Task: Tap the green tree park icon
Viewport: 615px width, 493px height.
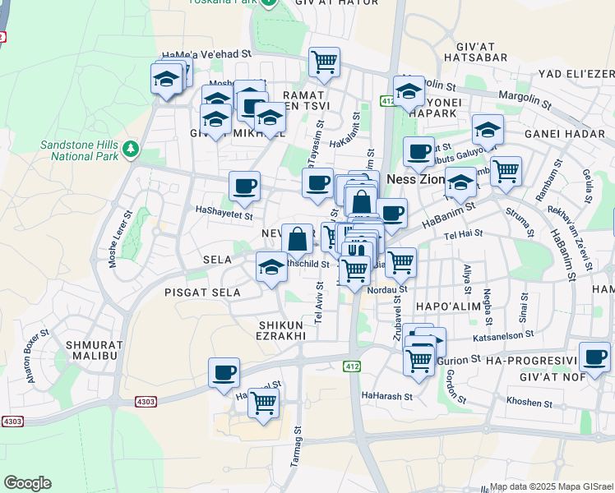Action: pos(131,149)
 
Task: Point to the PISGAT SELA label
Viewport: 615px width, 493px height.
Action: pos(202,293)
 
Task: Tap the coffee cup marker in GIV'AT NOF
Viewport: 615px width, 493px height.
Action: pos(594,357)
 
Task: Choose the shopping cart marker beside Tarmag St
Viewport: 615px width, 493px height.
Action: pos(263,403)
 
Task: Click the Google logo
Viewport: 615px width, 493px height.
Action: pos(27,483)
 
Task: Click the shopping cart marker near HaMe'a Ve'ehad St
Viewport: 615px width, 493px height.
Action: pos(324,61)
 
